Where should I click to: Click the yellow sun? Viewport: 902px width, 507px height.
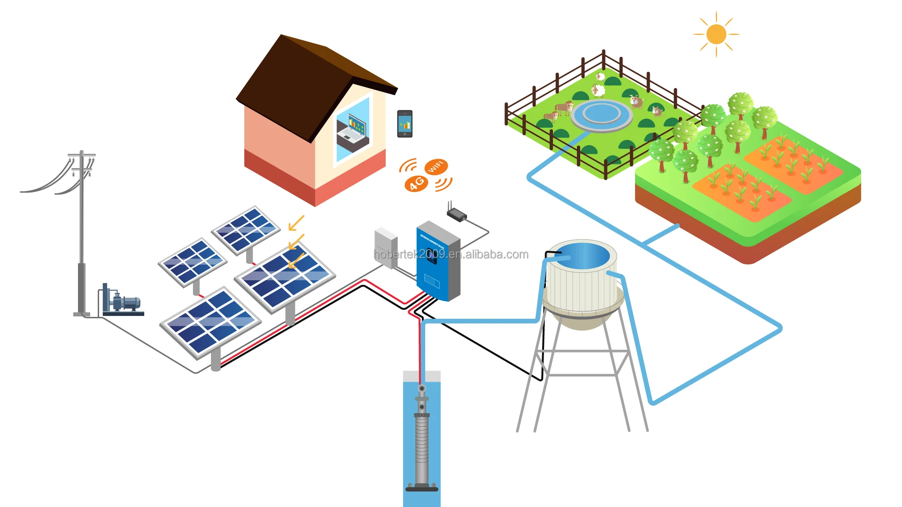pos(716,34)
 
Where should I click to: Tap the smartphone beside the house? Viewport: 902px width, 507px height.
pos(404,124)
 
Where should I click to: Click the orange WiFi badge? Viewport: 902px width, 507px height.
pos(436,166)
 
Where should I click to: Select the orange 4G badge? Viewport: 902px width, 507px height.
pos(416,183)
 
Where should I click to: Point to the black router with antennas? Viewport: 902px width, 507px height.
pos(456,215)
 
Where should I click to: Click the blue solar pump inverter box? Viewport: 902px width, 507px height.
pos(437,263)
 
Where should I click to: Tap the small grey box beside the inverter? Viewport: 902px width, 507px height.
pos(386,248)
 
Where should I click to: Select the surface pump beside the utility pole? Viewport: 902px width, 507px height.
pos(122,302)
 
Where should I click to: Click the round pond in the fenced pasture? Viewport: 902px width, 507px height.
pos(601,114)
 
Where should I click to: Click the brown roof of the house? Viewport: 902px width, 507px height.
pos(301,80)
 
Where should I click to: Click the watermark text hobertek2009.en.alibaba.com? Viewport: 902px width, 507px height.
pos(451,254)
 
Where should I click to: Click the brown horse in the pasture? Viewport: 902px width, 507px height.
pos(564,108)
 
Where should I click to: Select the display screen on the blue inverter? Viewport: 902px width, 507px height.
pos(431,256)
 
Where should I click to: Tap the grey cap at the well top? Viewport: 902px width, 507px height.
pos(422,376)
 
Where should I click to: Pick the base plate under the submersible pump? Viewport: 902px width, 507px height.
pos(422,489)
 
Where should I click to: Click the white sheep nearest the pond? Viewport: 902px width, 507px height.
pos(598,90)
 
